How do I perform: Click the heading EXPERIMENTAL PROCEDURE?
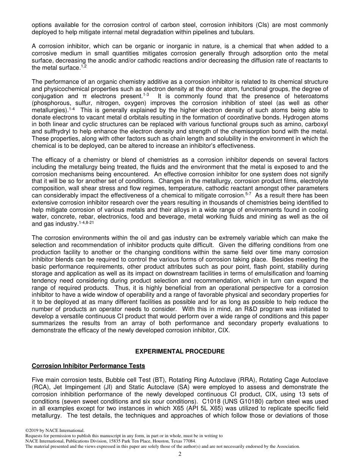[180, 352]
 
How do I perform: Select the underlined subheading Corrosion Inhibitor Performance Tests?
[88, 366]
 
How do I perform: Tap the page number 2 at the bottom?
[180, 454]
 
